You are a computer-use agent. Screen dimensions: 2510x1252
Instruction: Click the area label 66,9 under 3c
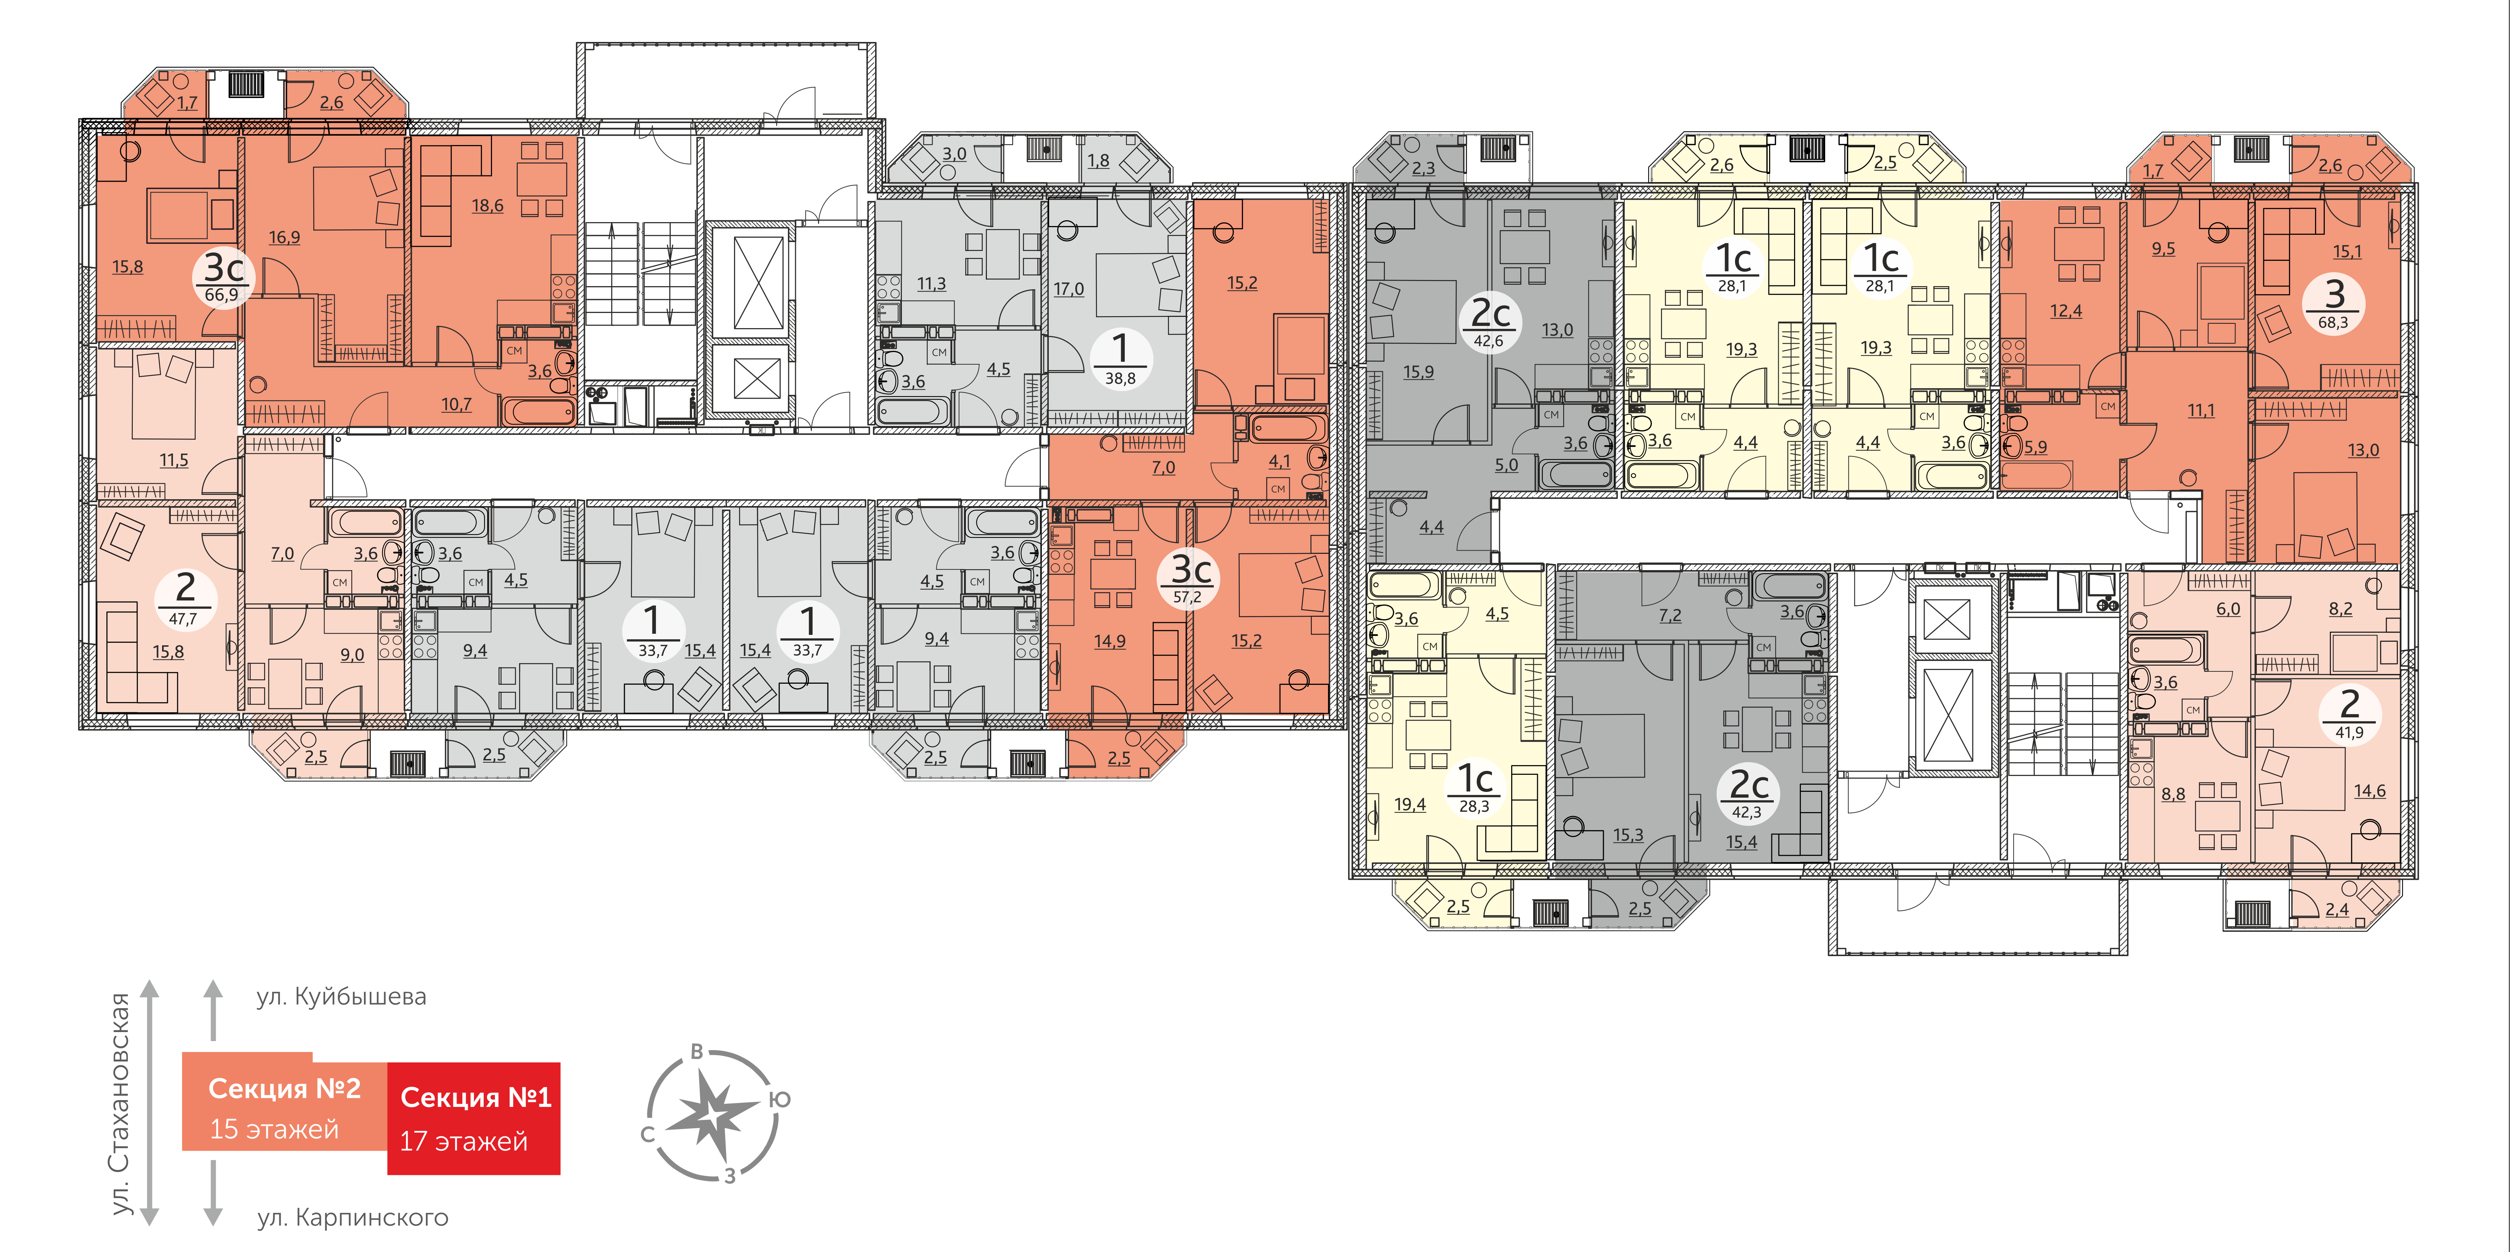(221, 294)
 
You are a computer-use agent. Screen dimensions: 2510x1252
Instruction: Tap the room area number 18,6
(487, 205)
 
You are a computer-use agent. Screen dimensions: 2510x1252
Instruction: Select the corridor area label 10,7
(456, 404)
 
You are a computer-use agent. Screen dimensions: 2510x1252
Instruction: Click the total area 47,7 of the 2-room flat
(183, 619)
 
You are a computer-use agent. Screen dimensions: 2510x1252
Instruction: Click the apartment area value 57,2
(1187, 596)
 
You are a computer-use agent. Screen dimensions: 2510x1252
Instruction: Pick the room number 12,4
(2066, 311)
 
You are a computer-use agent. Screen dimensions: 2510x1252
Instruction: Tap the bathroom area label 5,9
(2035, 447)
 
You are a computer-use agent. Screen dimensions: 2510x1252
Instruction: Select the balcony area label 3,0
(954, 154)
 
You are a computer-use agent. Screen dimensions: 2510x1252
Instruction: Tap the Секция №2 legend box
(284, 1101)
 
